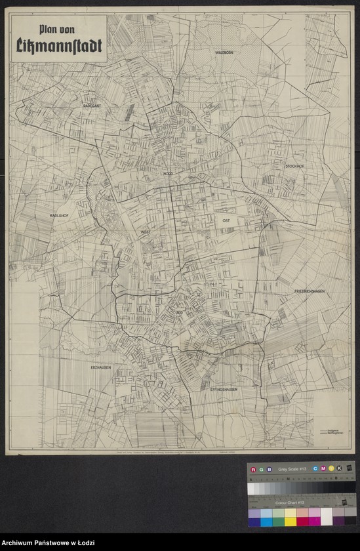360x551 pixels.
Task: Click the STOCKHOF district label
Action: click(294, 166)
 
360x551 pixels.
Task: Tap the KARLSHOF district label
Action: click(60, 215)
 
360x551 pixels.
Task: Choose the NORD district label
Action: click(168, 173)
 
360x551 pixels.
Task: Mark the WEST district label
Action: click(145, 232)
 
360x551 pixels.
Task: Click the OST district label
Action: click(228, 221)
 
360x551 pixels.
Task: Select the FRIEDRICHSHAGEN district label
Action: click(310, 291)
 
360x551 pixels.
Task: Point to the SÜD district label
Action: click(179, 314)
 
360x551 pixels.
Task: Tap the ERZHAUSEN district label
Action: click(101, 367)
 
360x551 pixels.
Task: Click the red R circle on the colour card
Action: click(253, 469)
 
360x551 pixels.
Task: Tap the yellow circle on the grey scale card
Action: click(332, 468)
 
